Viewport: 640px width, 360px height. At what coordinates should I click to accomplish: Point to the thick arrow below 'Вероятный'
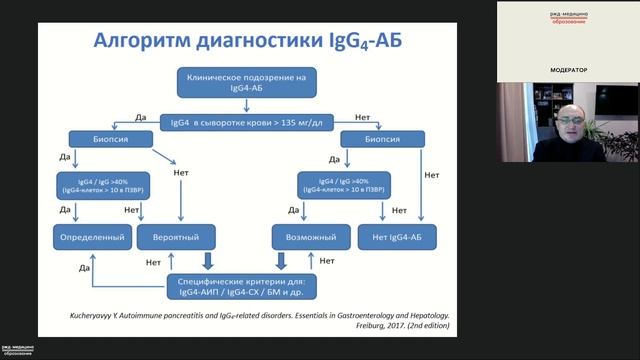pyautogui.click(x=208, y=262)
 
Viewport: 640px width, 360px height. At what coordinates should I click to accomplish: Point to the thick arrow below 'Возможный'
pyautogui.click(x=282, y=262)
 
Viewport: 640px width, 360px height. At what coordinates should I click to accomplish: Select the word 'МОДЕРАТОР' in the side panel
pyautogui.click(x=568, y=70)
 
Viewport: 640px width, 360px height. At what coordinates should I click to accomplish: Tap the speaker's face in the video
pyautogui.click(x=567, y=124)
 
